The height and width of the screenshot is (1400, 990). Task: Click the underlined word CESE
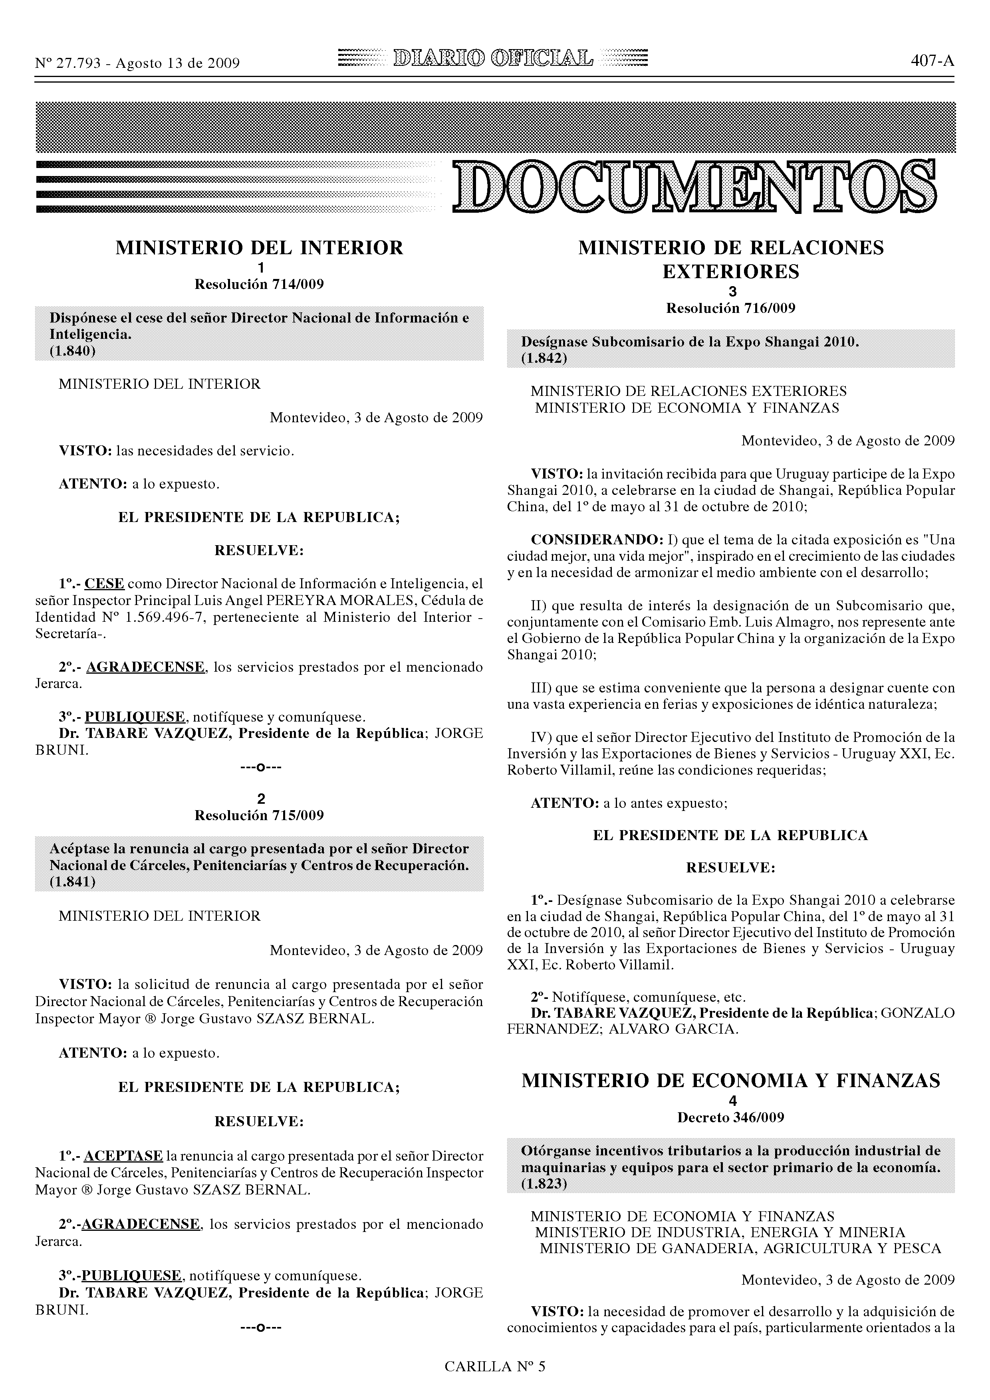click(104, 583)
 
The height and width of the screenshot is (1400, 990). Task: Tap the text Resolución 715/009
click(259, 815)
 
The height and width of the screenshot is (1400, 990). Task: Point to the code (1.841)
click(73, 882)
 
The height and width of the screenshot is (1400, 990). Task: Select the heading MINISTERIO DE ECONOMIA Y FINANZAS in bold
click(731, 1081)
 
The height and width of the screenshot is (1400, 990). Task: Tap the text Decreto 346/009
click(731, 1118)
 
